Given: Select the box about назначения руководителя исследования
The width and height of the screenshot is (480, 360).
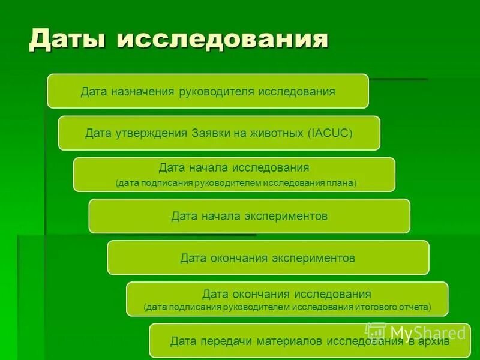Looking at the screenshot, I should coord(208,91).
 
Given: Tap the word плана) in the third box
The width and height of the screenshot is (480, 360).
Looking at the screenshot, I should coord(340,183).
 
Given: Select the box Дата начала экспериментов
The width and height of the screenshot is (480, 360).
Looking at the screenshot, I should coord(249,216).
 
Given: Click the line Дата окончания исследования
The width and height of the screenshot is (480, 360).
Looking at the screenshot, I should coord(287,294).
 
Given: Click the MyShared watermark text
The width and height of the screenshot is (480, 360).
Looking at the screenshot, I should coord(428,332).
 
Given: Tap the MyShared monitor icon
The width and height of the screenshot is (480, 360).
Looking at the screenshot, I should coord(377,332).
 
